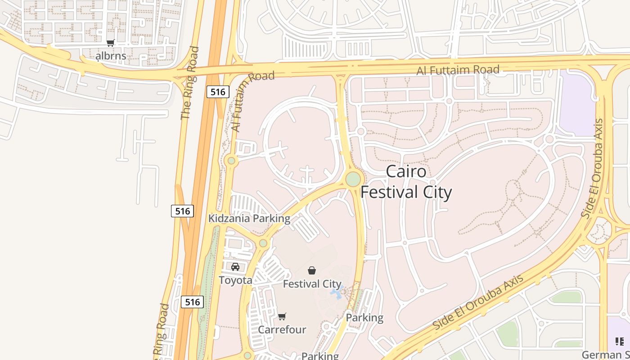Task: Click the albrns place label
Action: [x=111, y=56]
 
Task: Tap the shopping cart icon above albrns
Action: [x=111, y=43]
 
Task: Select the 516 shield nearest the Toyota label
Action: [x=192, y=301]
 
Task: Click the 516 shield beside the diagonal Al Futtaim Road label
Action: [x=218, y=92]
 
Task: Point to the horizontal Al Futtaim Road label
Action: [x=458, y=70]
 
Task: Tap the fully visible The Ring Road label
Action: [x=189, y=83]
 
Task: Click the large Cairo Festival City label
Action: [x=406, y=182]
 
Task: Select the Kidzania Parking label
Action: [x=249, y=219]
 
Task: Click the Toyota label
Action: [x=235, y=280]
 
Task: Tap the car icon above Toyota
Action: [x=235, y=267]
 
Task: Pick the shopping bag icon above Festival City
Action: [x=312, y=270]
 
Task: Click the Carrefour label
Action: [x=282, y=330]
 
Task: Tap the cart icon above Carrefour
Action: [x=282, y=317]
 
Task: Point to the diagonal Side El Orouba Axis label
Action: [x=478, y=301]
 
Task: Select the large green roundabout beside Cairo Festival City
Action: [x=353, y=179]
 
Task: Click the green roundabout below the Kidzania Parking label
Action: [x=263, y=243]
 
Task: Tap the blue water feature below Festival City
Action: [x=337, y=292]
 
